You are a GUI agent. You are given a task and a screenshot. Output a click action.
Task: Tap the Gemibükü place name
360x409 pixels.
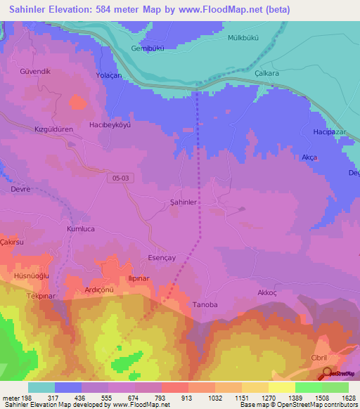pos(148,48)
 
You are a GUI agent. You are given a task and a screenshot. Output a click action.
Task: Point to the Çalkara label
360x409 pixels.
pos(268,72)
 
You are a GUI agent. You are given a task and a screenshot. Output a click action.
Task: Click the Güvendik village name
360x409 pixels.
pos(35,72)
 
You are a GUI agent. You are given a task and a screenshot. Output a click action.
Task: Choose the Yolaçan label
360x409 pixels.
pos(109,74)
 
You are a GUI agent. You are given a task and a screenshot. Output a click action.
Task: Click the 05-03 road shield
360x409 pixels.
pos(120,179)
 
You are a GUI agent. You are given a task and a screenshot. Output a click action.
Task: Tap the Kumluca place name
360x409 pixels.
pos(80,229)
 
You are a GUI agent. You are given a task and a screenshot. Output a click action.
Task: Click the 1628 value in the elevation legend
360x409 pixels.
pos(348,398)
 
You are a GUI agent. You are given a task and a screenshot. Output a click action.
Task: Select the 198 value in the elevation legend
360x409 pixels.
pos(27,398)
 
